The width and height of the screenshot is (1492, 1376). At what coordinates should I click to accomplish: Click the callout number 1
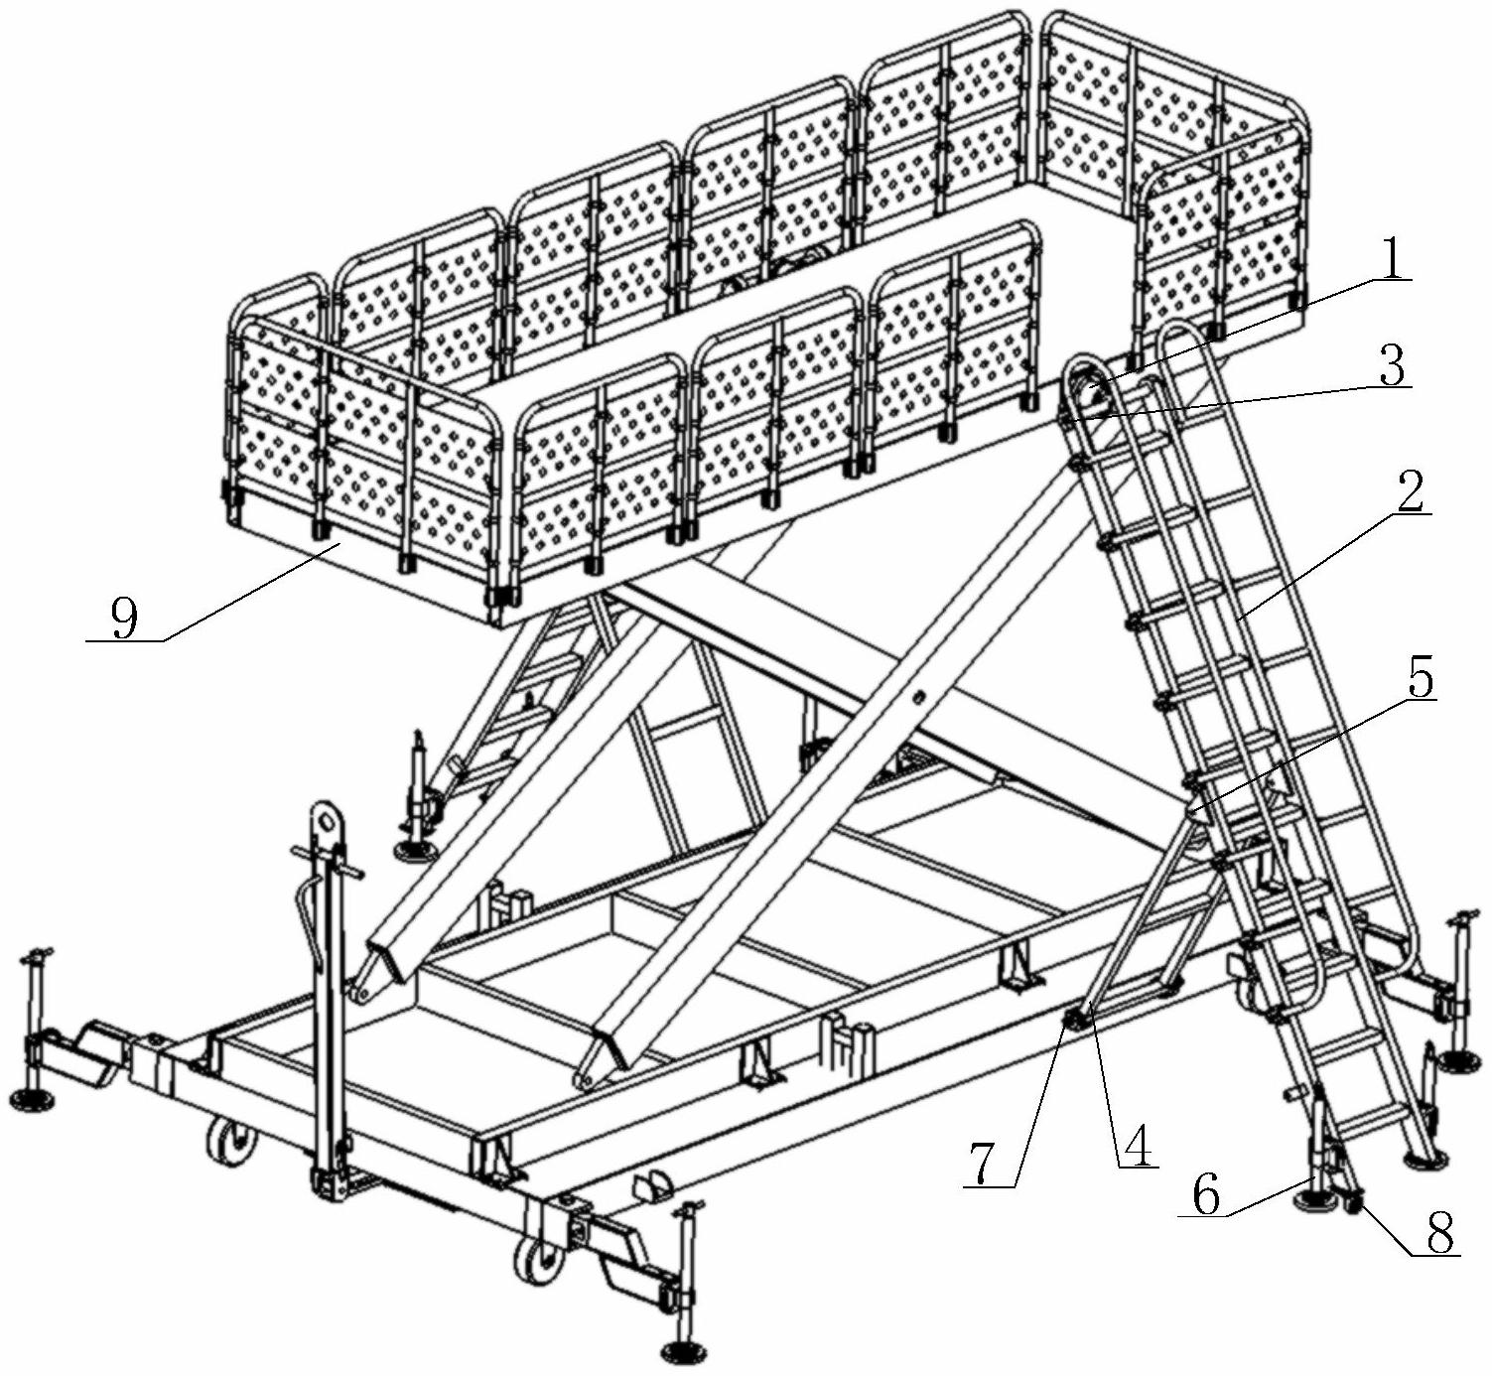pyautogui.click(x=1392, y=261)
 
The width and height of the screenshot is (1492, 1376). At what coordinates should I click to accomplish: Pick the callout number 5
pyautogui.click(x=1420, y=677)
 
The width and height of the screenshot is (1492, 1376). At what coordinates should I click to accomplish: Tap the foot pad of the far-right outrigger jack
pyautogui.click(x=1458, y=1062)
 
